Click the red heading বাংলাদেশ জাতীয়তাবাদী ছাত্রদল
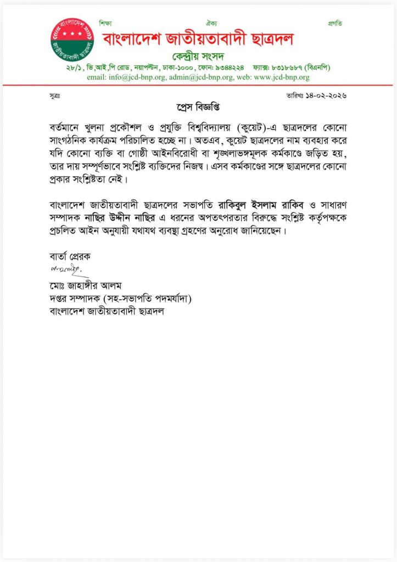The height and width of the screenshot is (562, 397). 198,39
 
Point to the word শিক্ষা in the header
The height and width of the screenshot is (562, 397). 105,23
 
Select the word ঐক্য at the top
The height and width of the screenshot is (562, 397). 211,23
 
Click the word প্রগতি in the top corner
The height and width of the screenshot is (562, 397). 335,23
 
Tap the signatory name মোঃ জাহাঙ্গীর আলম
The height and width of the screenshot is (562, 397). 84,286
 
